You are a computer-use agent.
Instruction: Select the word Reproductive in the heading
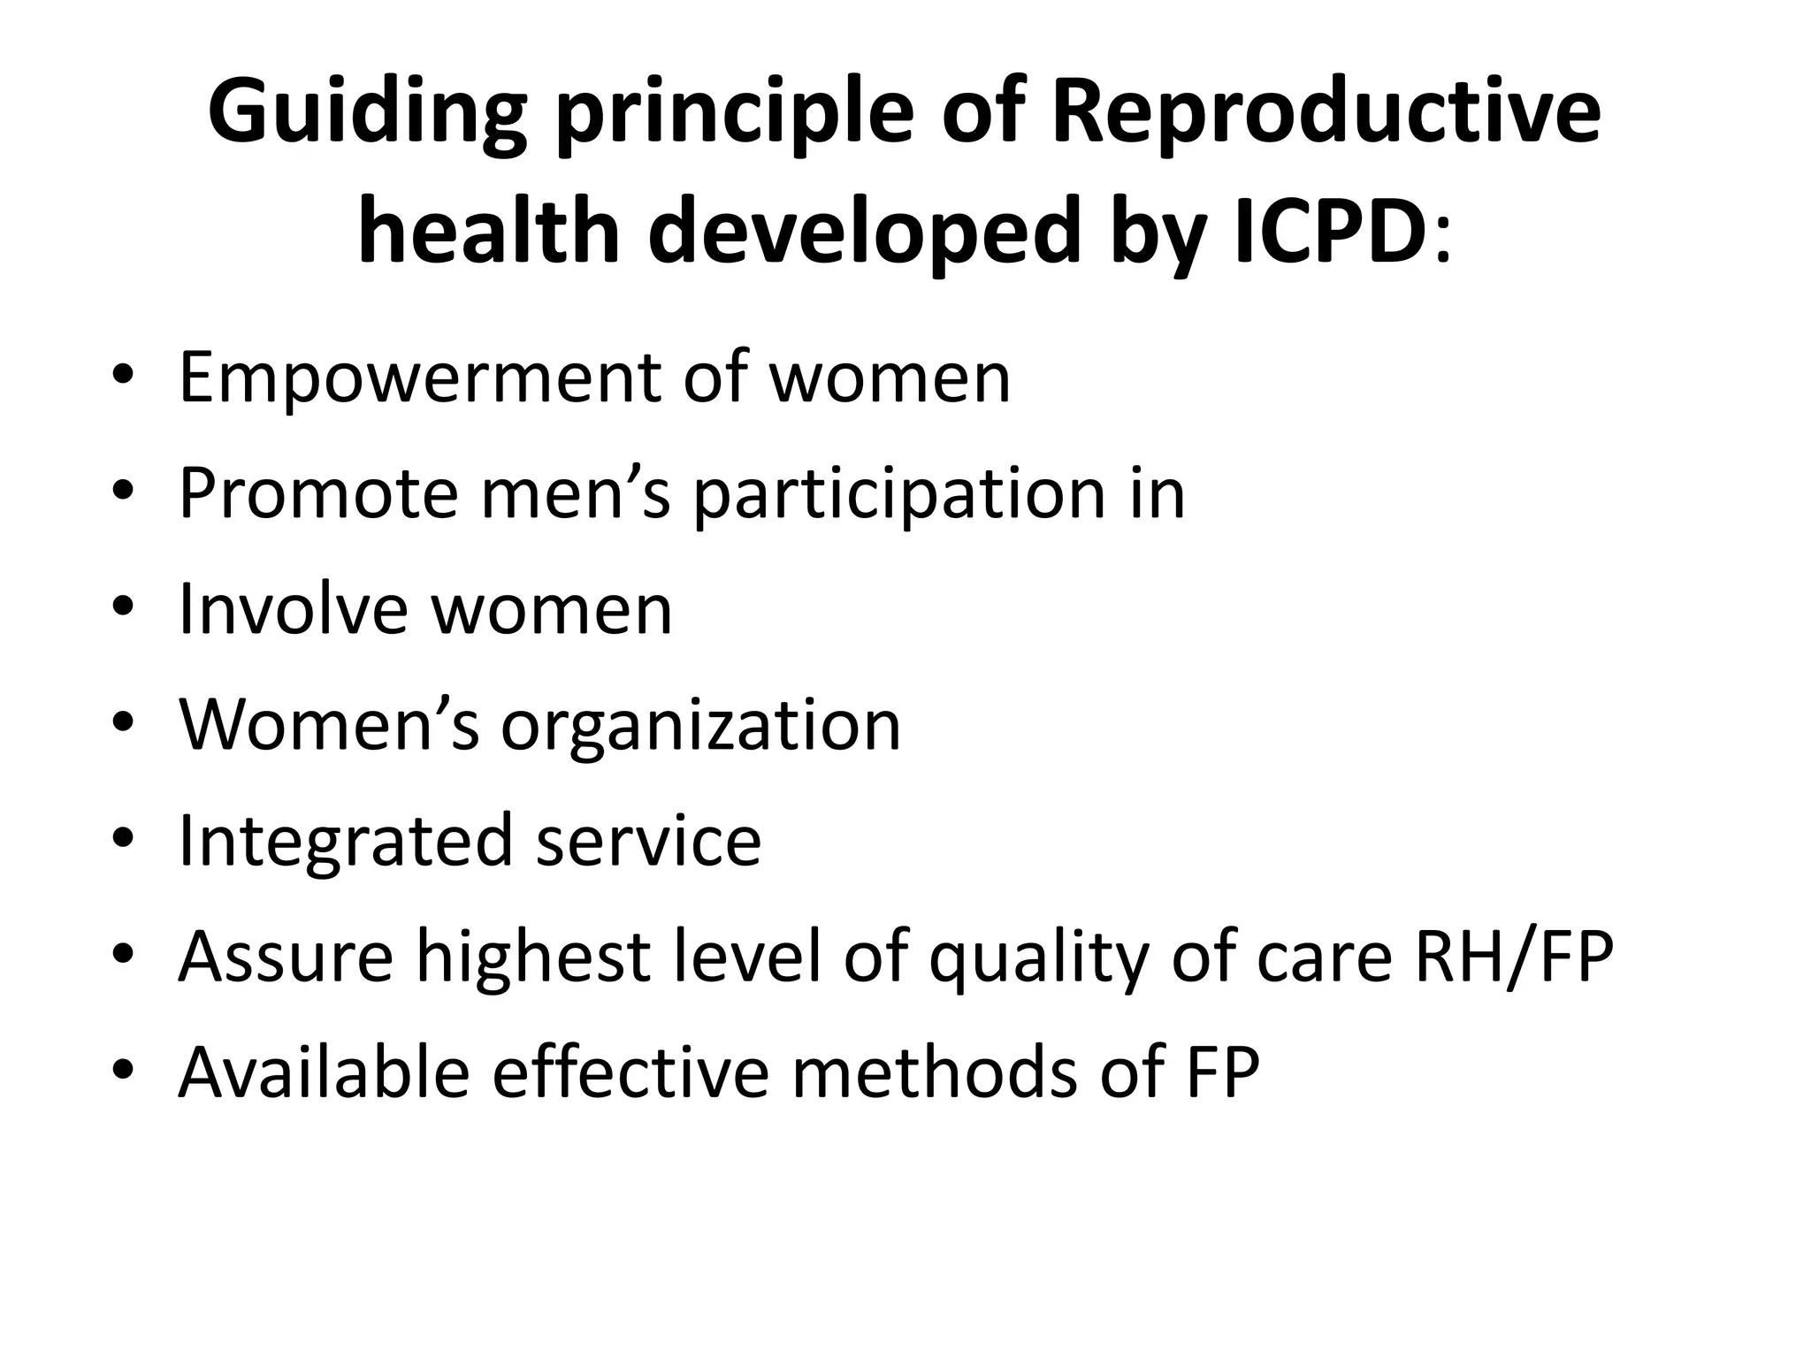pyautogui.click(x=1326, y=112)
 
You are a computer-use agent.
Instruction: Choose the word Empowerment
pyautogui.click(x=419, y=379)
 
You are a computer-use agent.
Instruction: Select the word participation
pyautogui.click(x=898, y=496)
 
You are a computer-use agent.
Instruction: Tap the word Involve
pyautogui.click(x=293, y=609)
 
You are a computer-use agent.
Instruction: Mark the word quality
pyautogui.click(x=1038, y=958)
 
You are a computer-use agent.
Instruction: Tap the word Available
pyautogui.click(x=324, y=1072)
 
